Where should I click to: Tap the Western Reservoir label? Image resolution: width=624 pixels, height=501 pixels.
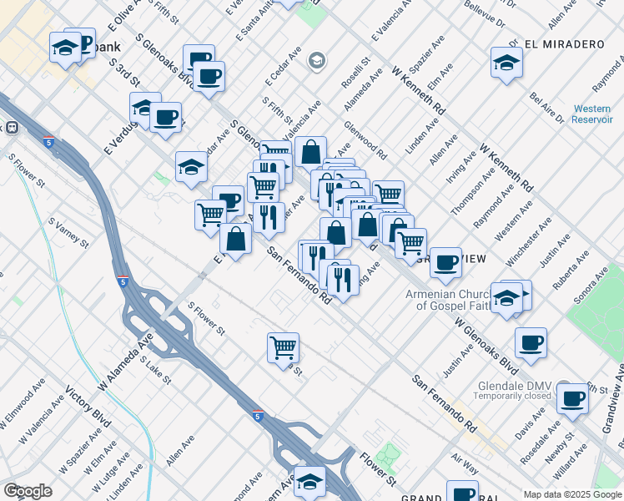coord(591,114)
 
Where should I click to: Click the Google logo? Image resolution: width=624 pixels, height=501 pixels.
coord(28,490)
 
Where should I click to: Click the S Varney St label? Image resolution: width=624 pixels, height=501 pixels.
coord(68,232)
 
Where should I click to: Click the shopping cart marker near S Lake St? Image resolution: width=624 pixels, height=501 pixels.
coord(284,347)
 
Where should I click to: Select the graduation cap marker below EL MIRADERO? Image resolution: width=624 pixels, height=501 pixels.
coord(506,63)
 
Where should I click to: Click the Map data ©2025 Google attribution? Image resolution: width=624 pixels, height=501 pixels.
coord(571,493)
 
